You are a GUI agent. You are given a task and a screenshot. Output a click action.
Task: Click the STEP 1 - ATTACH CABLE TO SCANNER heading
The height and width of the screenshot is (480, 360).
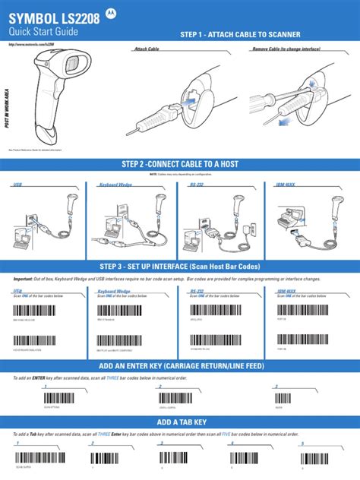tap(240, 35)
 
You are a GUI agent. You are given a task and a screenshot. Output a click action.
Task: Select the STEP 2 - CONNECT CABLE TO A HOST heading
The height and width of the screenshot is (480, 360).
tap(179, 165)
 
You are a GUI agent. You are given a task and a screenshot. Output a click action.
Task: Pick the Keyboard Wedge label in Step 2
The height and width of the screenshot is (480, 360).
tap(115, 185)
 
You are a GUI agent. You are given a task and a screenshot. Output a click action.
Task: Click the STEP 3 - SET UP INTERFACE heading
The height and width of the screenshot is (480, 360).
tap(179, 267)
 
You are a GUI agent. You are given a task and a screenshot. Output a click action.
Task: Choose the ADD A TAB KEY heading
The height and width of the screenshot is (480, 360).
tap(179, 422)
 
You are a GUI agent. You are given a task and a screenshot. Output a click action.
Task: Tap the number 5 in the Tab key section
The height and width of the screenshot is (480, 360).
tap(302, 442)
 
